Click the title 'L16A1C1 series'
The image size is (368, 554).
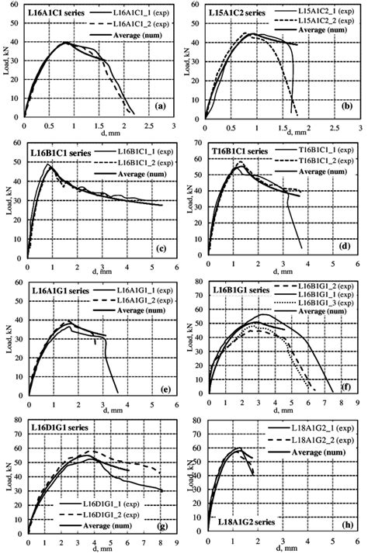[57, 15]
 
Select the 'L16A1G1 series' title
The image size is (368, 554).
[57, 289]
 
